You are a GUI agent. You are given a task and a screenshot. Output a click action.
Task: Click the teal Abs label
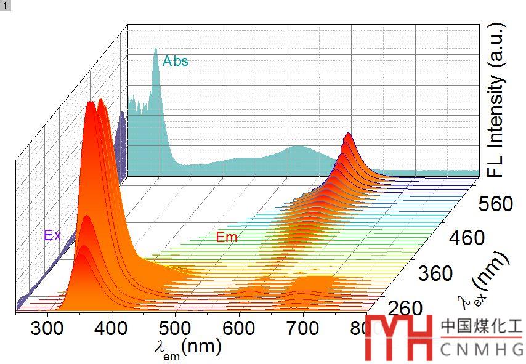[176, 62]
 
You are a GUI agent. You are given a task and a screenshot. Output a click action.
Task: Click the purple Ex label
[52, 235]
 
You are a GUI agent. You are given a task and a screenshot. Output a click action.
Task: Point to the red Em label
[226, 237]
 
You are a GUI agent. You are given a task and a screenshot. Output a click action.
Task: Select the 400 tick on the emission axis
[111, 328]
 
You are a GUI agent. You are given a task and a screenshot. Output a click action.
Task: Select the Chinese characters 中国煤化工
[481, 326]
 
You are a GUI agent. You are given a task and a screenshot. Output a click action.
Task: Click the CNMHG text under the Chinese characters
[481, 349]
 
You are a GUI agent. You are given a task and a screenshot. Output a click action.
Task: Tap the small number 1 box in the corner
[6, 5]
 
